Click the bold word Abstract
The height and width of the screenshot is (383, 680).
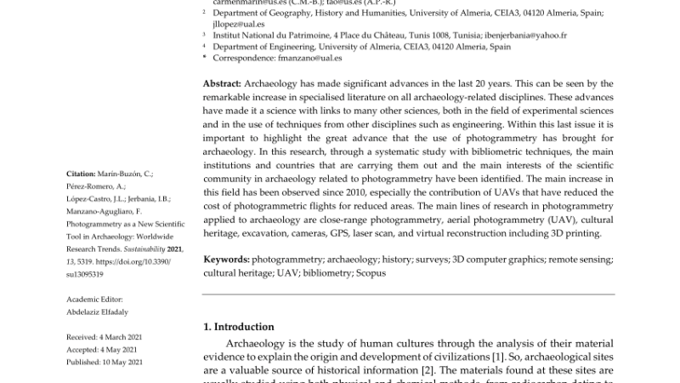click(222, 83)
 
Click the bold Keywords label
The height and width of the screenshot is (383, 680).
click(225, 259)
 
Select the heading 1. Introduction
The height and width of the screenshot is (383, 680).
click(239, 326)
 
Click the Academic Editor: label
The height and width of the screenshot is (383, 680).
click(94, 299)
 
